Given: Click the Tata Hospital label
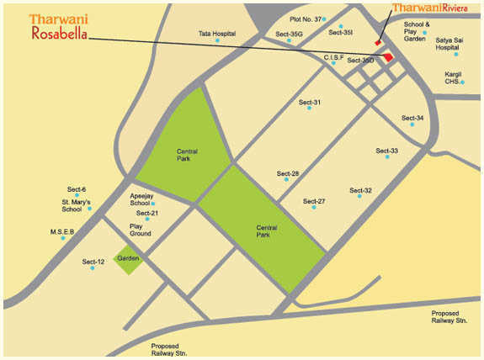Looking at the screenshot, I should [216, 34].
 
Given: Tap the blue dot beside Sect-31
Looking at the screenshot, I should [310, 111].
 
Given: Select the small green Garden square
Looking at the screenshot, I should [128, 258].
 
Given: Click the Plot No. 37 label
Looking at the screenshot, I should [306, 18].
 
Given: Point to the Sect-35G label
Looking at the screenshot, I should [289, 34].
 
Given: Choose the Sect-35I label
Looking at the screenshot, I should [341, 32].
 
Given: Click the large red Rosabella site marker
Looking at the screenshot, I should [389, 56].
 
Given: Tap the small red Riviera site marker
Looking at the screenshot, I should [379, 42].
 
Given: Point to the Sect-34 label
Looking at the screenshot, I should [412, 118].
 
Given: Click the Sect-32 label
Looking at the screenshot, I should [360, 190].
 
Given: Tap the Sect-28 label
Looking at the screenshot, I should [288, 173].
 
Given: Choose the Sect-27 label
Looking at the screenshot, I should [314, 201].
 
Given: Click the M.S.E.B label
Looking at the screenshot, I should [62, 231].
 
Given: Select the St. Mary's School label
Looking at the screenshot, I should [77, 206].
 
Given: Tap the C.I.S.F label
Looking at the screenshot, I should [333, 56].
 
